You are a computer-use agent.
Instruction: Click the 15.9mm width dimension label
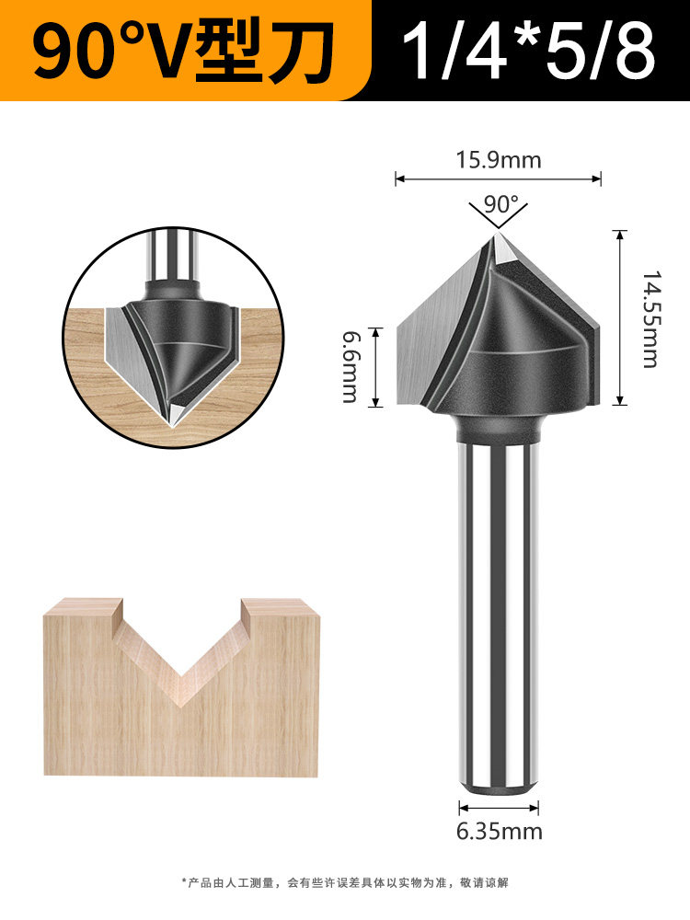pyautogui.click(x=499, y=159)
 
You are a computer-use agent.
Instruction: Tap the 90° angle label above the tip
pyautogui.click(x=501, y=204)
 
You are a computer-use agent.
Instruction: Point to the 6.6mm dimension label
pyautogui.click(x=351, y=367)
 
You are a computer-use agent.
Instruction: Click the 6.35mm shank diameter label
pyautogui.click(x=500, y=832)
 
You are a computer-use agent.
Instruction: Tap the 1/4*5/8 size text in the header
pyautogui.click(x=528, y=51)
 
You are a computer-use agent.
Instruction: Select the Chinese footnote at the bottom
pyautogui.click(x=345, y=882)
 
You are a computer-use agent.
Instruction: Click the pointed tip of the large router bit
pyautogui.click(x=498, y=234)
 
